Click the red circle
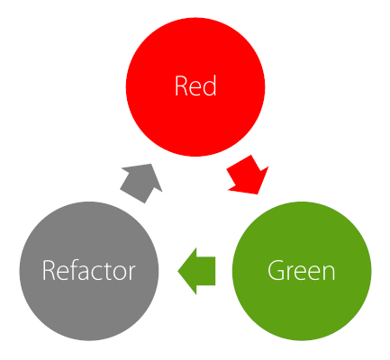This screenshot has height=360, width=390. pos(195,87)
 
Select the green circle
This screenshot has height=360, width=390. pos(302,271)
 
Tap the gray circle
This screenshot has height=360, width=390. pos(89,271)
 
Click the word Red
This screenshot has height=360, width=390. pos(195,85)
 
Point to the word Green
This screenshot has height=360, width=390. pos(301,270)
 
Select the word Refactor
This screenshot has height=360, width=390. pos(88,270)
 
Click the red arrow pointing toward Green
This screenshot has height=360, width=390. pos(247,175)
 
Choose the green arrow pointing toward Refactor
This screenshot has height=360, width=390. pos(196,271)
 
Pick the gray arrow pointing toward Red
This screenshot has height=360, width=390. pos(141,184)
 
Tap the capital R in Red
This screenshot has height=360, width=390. pos(181,85)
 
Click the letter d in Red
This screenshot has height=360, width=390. pos(209,85)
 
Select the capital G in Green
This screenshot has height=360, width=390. pos(276,270)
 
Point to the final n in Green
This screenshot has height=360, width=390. pos(328,273)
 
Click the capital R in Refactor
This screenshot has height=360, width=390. pos(49,270)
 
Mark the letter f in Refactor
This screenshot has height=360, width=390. pos(74,270)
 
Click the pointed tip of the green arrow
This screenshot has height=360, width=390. pos(178,271)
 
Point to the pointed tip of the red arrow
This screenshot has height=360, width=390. pos(258,194)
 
